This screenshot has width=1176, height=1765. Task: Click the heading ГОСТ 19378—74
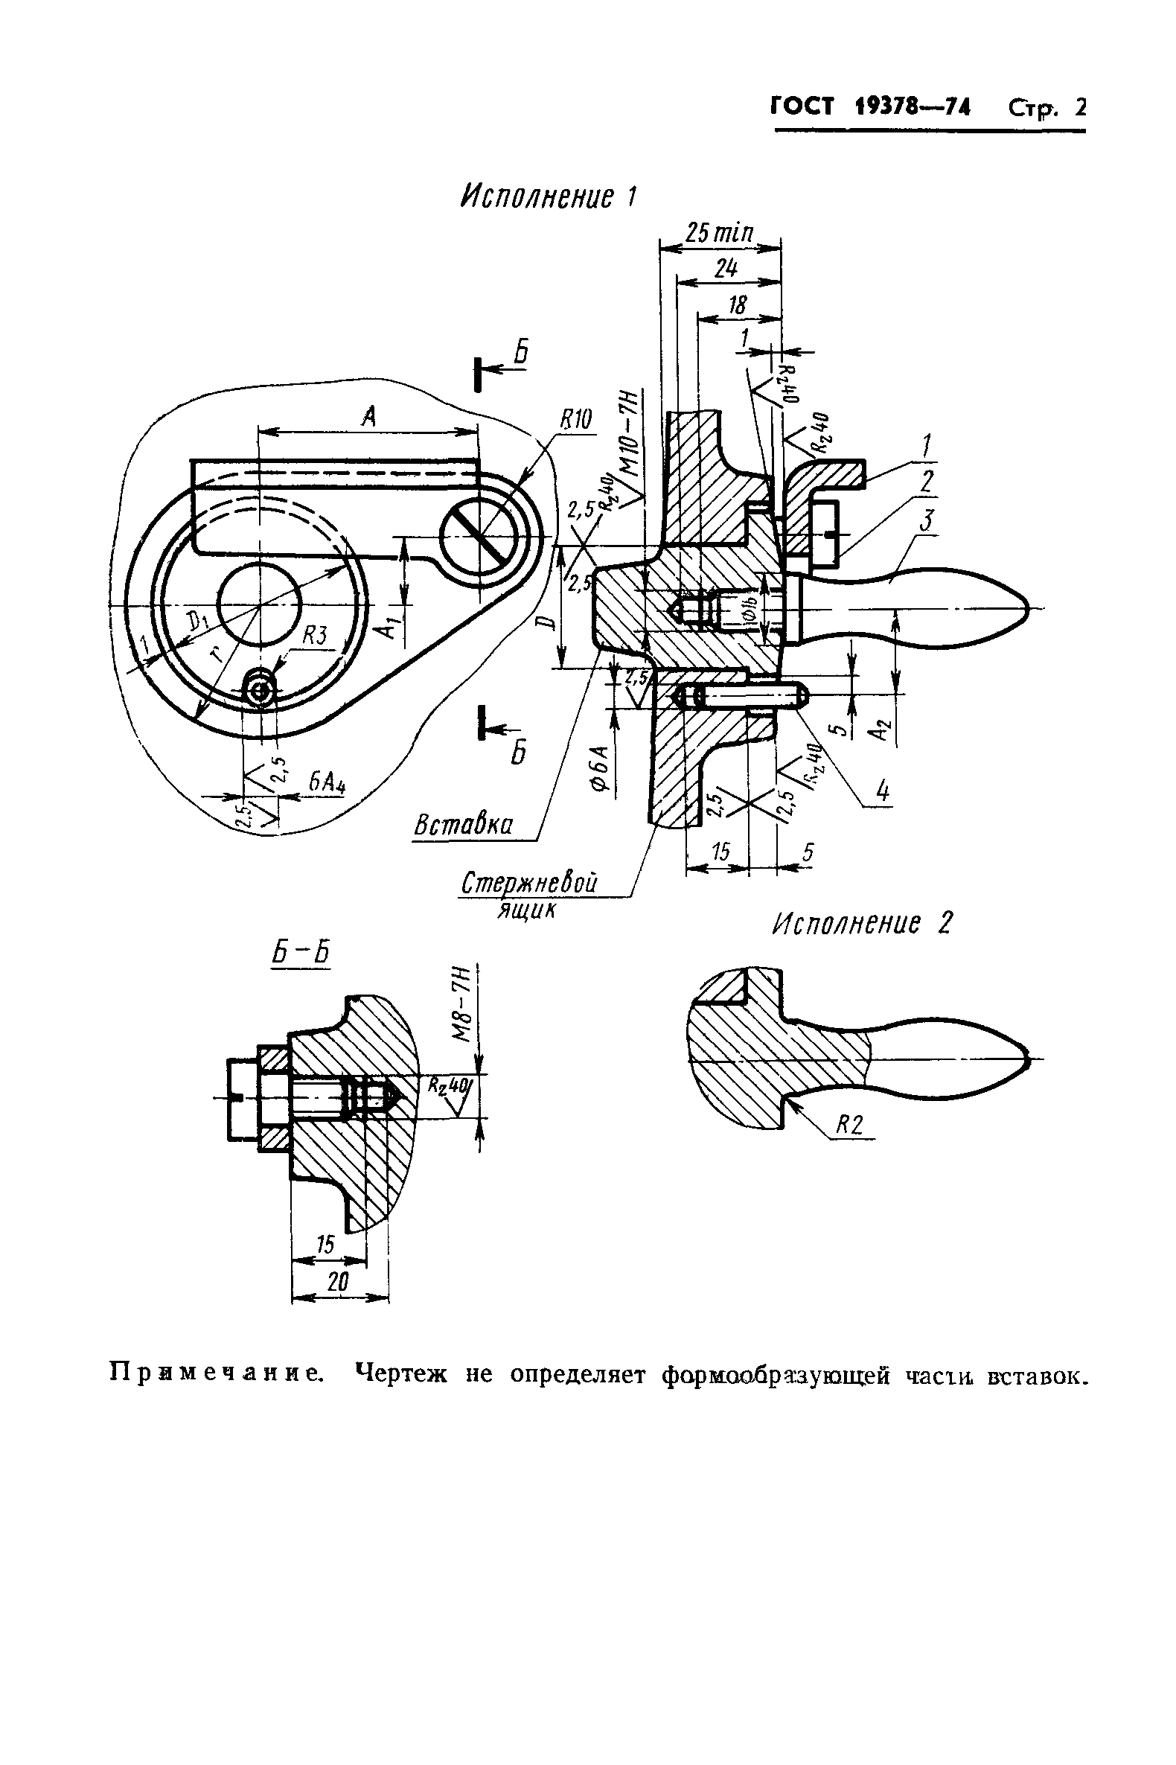tap(871, 108)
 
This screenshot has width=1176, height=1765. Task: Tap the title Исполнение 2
tap(862, 923)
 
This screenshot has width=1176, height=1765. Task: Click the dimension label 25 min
tap(719, 232)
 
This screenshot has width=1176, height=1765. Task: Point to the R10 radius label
tap(575, 421)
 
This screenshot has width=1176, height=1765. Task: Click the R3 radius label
tap(315, 636)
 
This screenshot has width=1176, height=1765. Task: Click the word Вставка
tap(464, 826)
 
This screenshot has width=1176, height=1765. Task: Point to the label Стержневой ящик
tap(529, 895)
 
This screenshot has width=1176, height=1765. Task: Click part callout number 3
tap(927, 520)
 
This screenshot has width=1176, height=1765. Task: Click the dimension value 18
tap(738, 305)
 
